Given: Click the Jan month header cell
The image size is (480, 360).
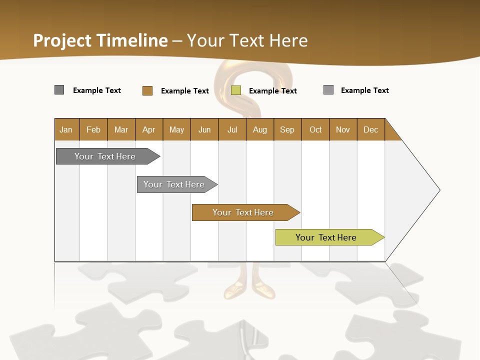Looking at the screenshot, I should pyautogui.click(x=66, y=129).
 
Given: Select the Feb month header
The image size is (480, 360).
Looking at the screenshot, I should pyautogui.click(x=93, y=129).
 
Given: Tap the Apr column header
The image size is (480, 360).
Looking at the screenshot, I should pyautogui.click(x=148, y=129).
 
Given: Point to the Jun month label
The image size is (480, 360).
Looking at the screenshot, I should pyautogui.click(x=204, y=129).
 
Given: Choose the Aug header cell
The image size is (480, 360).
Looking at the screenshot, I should pyautogui.click(x=259, y=129).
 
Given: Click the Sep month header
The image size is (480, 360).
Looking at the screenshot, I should pyautogui.click(x=287, y=129).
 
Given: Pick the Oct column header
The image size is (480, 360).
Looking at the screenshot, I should pyautogui.click(x=315, y=129).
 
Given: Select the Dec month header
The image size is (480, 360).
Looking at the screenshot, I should pyautogui.click(x=370, y=129).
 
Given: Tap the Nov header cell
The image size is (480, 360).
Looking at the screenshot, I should pyautogui.click(x=342, y=129).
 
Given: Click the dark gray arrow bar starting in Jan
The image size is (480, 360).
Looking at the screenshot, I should pyautogui.click(x=105, y=156).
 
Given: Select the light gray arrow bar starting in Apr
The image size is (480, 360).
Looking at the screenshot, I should pyautogui.click(x=174, y=184).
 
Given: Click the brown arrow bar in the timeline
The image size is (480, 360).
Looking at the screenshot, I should pyautogui.click(x=243, y=212).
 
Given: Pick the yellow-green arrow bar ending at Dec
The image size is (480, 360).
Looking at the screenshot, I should pyautogui.click(x=326, y=237).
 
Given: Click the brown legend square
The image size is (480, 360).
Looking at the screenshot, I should pyautogui.click(x=147, y=90).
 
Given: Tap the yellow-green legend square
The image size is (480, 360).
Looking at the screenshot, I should pyautogui.click(x=236, y=90).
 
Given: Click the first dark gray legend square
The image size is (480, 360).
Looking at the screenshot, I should pyautogui.click(x=59, y=90).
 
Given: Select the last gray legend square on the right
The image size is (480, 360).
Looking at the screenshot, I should pyautogui.click(x=328, y=90).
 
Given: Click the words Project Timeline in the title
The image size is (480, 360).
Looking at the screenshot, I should pyautogui.click(x=100, y=40).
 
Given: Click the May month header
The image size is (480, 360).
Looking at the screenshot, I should pyautogui.click(x=176, y=129).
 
